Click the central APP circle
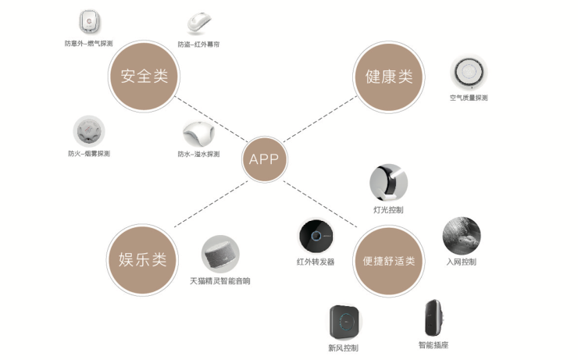pyautogui.click(x=264, y=159)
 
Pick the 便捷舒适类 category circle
pyautogui.click(x=388, y=261)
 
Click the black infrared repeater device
pyautogui.click(x=316, y=237)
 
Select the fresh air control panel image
pyautogui.click(x=343, y=321)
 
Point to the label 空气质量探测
pyautogui.click(x=469, y=98)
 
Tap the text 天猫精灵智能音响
pyautogui.click(x=221, y=280)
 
